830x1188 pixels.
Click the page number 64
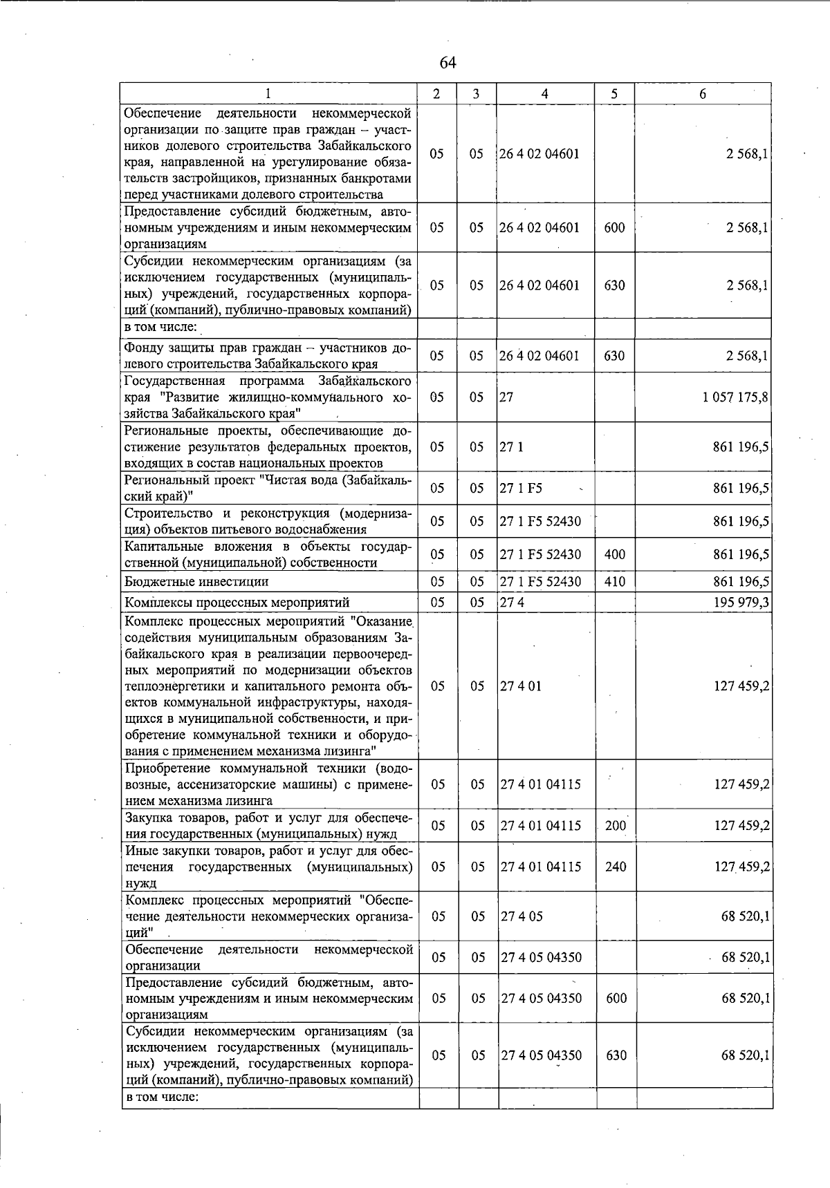pos(448,63)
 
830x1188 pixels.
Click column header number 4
pos(545,94)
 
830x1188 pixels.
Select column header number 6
pos(703,94)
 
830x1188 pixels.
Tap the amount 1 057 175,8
pos(735,397)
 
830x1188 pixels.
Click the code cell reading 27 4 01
pos(521,686)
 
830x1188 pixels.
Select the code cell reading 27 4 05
pos(521,916)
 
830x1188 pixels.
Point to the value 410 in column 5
pos(614,582)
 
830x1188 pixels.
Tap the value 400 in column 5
pos(614,554)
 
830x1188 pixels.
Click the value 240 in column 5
pos(615,867)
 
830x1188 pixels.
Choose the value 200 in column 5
pos(615,826)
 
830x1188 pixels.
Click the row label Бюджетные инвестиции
pos(196,582)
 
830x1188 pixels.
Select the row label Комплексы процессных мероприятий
pos(237,603)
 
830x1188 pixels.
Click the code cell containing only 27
pos(506,397)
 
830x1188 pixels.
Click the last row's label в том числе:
pos(162,1097)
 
